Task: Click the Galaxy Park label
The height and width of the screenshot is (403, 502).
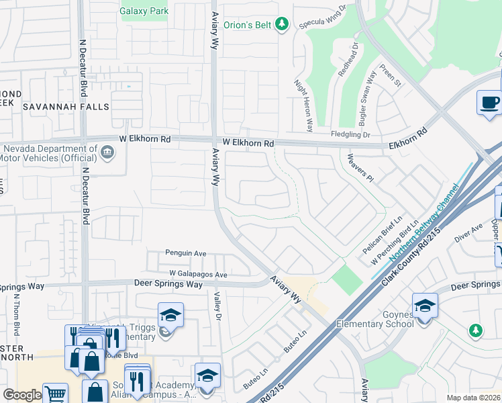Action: tap(143, 11)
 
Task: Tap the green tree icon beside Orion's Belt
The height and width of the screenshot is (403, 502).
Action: tap(283, 24)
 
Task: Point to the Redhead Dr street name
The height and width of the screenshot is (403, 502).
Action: tap(348, 60)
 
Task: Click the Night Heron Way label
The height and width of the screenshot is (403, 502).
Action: tap(303, 105)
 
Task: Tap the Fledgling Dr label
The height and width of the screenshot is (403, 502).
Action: tap(350, 134)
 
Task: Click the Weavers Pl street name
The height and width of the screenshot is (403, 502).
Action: tap(360, 168)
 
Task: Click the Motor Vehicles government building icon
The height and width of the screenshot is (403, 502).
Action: tap(107, 153)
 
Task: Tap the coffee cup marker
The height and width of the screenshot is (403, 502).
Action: tap(489, 103)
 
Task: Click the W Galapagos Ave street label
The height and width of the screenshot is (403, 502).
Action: tap(198, 274)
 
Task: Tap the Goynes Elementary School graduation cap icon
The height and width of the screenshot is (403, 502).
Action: tap(424, 306)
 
